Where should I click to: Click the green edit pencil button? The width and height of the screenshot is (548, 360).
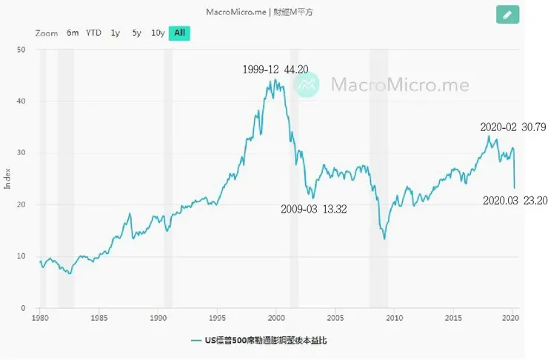point(507,14)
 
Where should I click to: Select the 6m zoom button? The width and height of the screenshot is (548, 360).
point(73,33)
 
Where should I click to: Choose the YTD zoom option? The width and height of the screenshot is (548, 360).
point(93,33)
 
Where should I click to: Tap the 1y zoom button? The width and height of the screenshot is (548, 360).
point(115,33)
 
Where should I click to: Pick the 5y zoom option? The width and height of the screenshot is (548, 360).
point(136,33)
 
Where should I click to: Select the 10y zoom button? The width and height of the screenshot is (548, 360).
point(158,33)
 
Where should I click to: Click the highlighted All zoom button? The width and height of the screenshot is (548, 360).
point(179,33)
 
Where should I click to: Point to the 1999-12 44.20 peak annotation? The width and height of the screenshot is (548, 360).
point(275,70)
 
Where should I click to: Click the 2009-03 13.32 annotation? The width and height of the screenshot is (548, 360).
point(314,210)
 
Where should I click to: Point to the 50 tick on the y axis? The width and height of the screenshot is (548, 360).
point(21,50)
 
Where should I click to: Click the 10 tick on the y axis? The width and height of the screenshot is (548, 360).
point(21,256)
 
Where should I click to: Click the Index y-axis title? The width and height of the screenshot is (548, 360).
point(8,179)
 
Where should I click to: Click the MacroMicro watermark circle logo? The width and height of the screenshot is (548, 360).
point(307,84)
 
